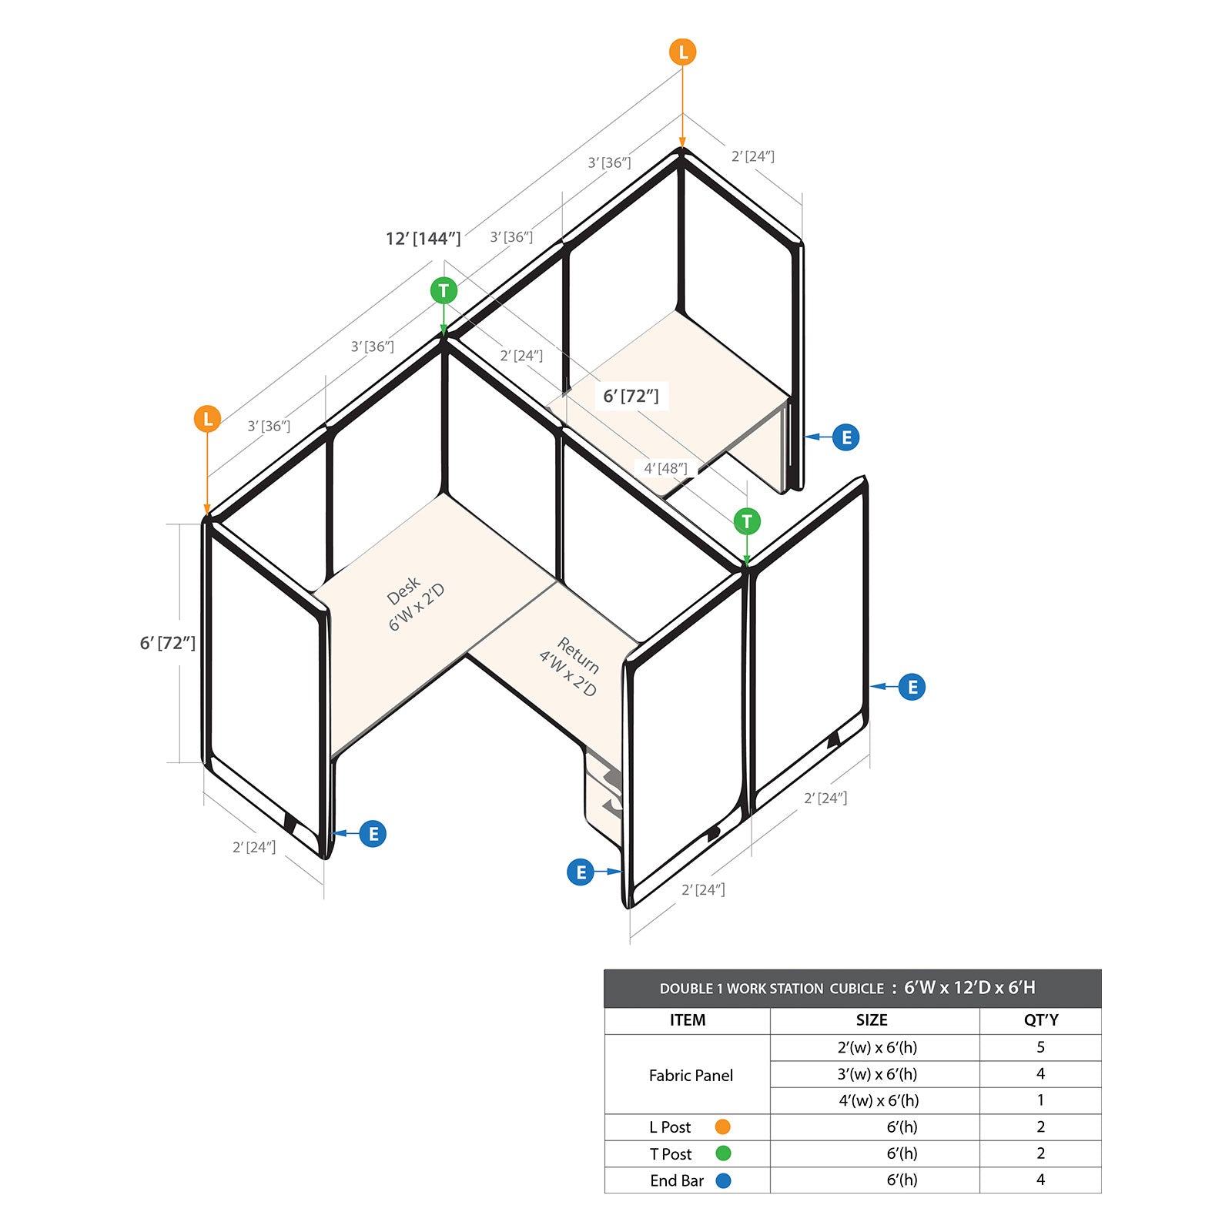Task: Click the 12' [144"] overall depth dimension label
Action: tap(423, 239)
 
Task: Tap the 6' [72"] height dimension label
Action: tap(167, 643)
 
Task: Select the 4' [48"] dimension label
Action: tap(665, 468)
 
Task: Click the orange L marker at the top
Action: tap(682, 52)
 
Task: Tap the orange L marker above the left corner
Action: tap(207, 420)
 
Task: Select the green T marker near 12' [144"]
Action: tap(444, 291)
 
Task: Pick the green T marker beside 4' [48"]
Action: tap(747, 521)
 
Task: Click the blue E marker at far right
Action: tap(912, 687)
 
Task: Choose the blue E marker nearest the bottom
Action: tap(581, 872)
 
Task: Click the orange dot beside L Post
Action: tap(722, 1127)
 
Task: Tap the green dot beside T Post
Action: tap(723, 1153)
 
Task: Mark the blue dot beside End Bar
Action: tap(723, 1180)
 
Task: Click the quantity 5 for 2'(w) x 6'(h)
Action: tap(1040, 1047)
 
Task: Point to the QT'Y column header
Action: tap(1041, 1020)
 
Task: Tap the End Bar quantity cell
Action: tap(1040, 1180)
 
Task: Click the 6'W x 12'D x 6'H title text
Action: tap(969, 988)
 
